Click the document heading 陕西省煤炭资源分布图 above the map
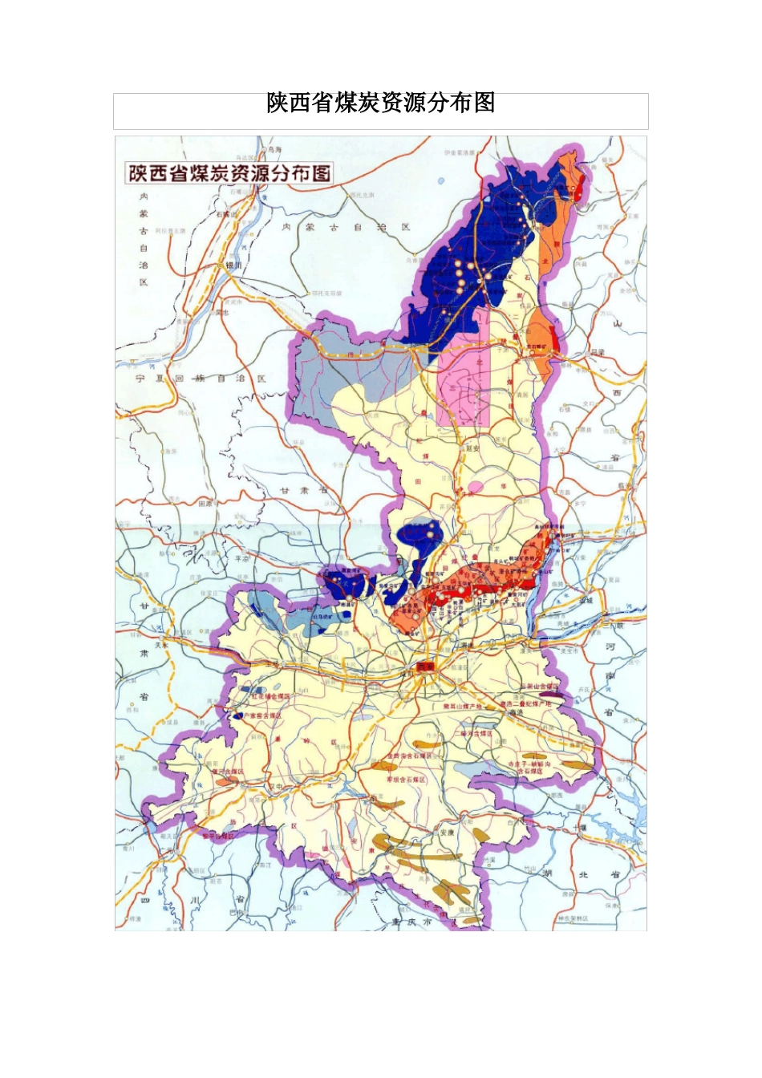[380, 103]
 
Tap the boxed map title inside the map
[229, 172]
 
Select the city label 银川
[233, 265]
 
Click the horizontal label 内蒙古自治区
[345, 227]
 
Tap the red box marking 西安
[425, 667]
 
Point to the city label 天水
[163, 644]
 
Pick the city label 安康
[447, 832]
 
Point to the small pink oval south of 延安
[476, 486]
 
